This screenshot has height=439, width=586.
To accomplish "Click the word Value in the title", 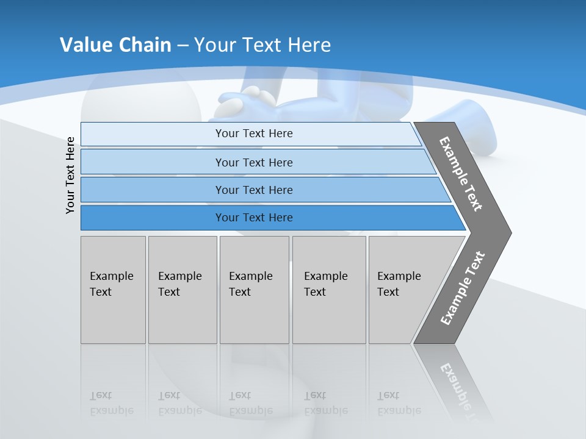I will (86, 45).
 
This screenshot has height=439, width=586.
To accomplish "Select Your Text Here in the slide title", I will (262, 45).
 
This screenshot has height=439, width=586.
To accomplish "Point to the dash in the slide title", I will (183, 46).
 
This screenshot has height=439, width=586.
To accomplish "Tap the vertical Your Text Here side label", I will (70, 175).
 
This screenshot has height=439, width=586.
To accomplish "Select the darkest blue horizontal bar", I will (254, 218).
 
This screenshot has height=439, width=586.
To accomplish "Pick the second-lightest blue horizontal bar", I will (254, 162).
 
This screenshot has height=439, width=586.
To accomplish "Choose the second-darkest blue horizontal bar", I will (254, 190).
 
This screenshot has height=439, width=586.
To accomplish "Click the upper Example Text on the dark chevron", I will (461, 174).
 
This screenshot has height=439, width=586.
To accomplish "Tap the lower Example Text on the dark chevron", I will (462, 288).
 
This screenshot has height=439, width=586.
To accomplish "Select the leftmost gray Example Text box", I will (113, 290).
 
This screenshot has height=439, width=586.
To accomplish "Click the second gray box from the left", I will (182, 290).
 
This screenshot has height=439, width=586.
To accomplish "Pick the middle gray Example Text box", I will (254, 290).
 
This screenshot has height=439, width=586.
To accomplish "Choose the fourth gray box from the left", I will (328, 290).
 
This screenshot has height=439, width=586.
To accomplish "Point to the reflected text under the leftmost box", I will (111, 403).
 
